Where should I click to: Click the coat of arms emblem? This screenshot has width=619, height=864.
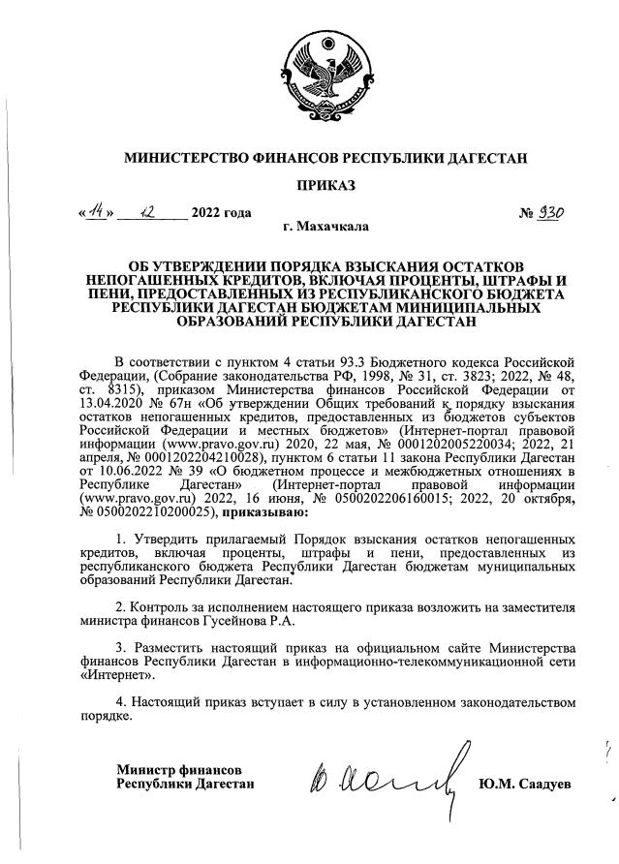[311, 75]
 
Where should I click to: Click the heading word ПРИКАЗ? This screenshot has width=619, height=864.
[311, 185]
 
